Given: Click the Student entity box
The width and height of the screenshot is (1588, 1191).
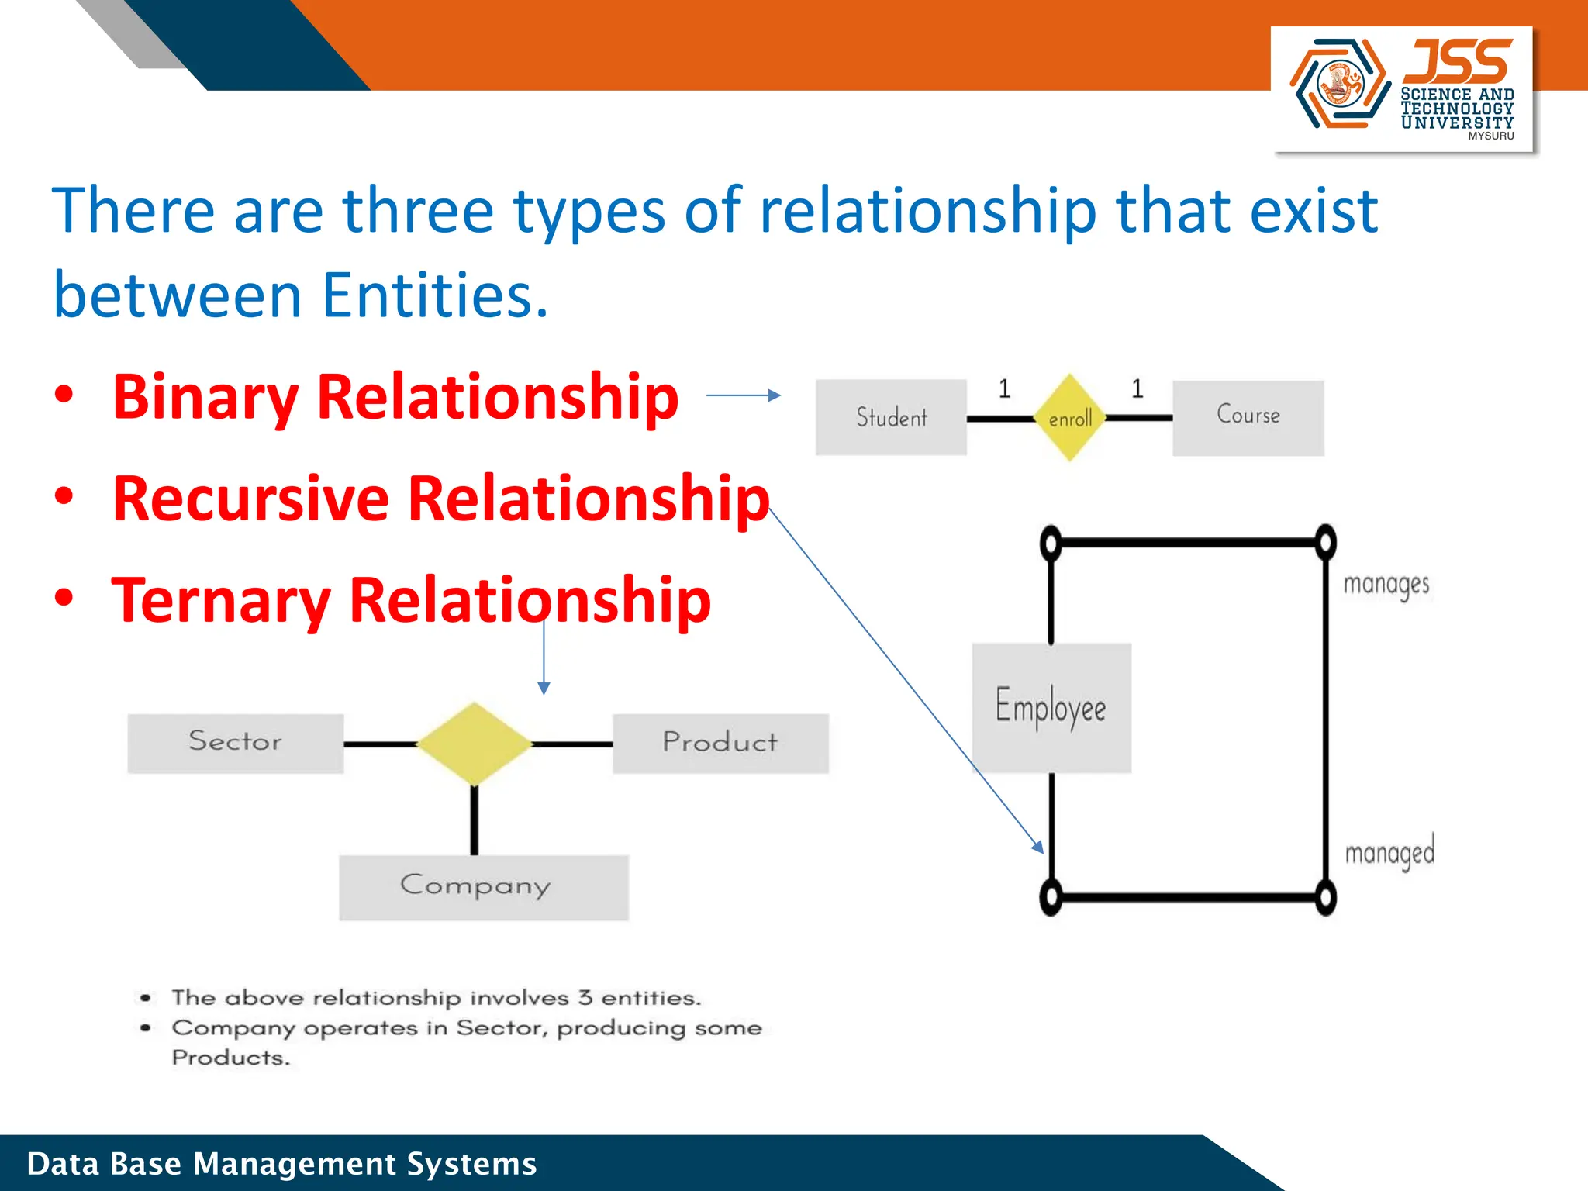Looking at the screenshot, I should click(x=891, y=417).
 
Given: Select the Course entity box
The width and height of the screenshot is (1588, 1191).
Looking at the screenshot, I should click(x=1248, y=417).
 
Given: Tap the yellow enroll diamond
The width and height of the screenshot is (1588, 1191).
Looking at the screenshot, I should click(x=1070, y=418).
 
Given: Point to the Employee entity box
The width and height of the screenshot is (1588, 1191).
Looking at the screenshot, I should click(x=1051, y=707).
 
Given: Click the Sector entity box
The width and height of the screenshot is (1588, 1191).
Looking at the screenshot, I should click(x=235, y=743).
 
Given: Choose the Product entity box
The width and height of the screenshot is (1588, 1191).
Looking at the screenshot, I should click(x=720, y=743).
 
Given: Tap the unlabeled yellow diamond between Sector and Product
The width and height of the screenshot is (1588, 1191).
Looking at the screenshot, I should click(x=474, y=744).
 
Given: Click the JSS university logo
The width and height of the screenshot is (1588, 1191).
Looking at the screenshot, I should click(x=1403, y=88).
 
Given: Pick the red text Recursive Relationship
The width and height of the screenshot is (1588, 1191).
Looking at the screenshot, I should click(x=440, y=499).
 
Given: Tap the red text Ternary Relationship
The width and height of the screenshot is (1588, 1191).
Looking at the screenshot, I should click(x=411, y=600).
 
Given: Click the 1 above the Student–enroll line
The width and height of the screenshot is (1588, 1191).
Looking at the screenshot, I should click(x=1004, y=388).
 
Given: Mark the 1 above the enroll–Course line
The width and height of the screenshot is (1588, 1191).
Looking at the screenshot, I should click(x=1137, y=388).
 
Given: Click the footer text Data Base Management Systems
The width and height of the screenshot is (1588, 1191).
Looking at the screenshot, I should click(x=281, y=1164).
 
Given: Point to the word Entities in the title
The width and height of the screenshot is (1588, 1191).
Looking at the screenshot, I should click(x=434, y=295).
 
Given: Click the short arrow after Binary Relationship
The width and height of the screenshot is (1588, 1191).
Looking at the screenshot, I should click(x=743, y=395).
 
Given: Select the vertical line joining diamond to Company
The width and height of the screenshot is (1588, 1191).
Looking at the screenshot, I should click(x=474, y=820).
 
